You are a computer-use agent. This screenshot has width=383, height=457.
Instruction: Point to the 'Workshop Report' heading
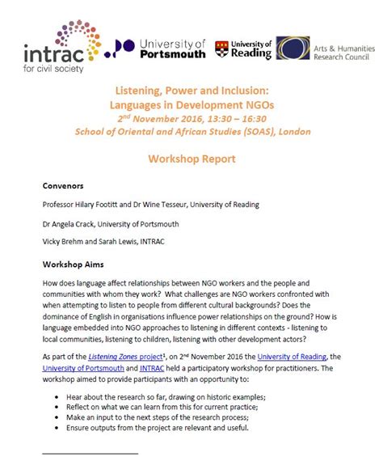point(191,159)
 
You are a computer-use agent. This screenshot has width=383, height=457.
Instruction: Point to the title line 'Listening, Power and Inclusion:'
point(191,95)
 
